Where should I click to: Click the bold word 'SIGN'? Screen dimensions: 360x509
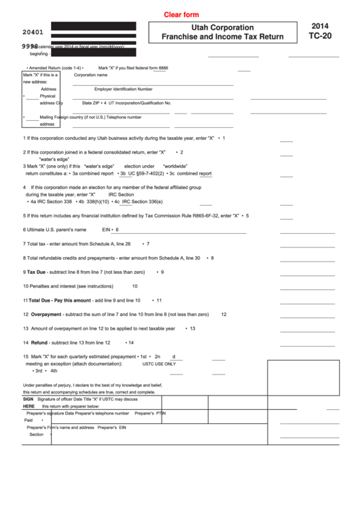coord(29,400)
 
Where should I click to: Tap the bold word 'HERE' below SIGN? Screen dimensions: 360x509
coord(29,406)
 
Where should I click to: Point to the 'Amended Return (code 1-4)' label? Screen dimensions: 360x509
coord(54,69)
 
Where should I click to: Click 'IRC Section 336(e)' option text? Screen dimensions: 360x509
coord(142,201)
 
